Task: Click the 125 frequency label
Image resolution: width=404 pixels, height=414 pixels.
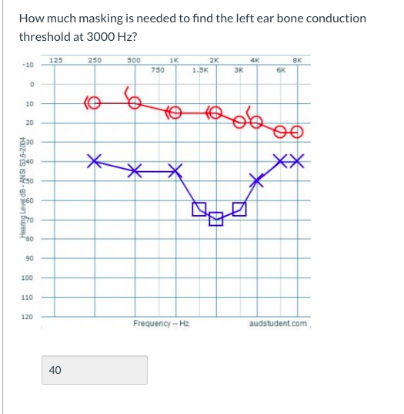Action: pyautogui.click(x=55, y=59)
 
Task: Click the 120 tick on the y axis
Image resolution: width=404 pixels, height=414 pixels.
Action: pyautogui.click(x=27, y=315)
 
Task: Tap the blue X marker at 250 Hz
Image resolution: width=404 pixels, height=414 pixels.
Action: pyautogui.click(x=95, y=161)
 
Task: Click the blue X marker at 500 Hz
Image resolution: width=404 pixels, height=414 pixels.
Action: pyautogui.click(x=135, y=170)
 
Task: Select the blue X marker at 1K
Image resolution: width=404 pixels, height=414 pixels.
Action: pyautogui.click(x=176, y=170)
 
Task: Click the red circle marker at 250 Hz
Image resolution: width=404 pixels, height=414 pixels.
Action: pyautogui.click(x=94, y=102)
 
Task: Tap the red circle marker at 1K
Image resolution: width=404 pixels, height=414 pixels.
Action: pyautogui.click(x=176, y=113)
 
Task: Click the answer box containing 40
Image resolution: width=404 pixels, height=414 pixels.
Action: pyautogui.click(x=95, y=370)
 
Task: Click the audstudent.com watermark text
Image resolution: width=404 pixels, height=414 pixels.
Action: pyautogui.click(x=278, y=323)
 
